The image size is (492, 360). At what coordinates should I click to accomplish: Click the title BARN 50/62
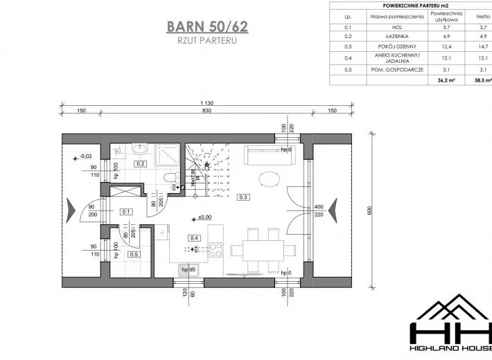pyautogui.click(x=207, y=27)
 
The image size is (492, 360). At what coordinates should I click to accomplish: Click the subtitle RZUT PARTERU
pyautogui.click(x=207, y=42)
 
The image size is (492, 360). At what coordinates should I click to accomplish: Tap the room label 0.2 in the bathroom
pyautogui.click(x=140, y=164)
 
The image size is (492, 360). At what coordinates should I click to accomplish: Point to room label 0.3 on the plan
pyautogui.click(x=243, y=197)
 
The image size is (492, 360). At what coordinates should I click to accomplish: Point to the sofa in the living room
pyautogui.click(x=267, y=156)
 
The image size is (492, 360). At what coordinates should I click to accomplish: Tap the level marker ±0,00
pyautogui.click(x=203, y=217)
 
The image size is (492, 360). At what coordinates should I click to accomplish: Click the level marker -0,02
pyautogui.click(x=85, y=156)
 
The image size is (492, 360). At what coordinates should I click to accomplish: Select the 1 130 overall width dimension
pyautogui.click(x=207, y=103)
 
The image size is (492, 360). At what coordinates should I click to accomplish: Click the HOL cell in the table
pyautogui.click(x=387, y=26)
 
